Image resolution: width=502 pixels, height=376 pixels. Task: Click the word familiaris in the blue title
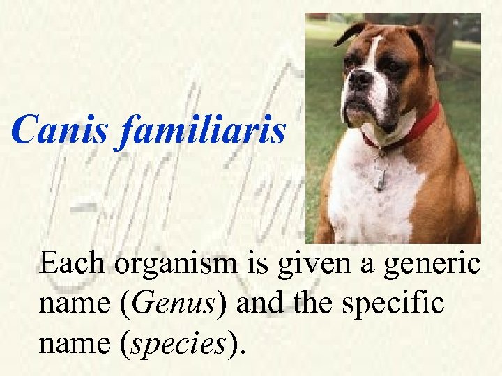tap(201, 130)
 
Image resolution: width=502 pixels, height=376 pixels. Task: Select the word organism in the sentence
tap(178, 265)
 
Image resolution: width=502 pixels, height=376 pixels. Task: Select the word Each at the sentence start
tap(73, 265)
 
